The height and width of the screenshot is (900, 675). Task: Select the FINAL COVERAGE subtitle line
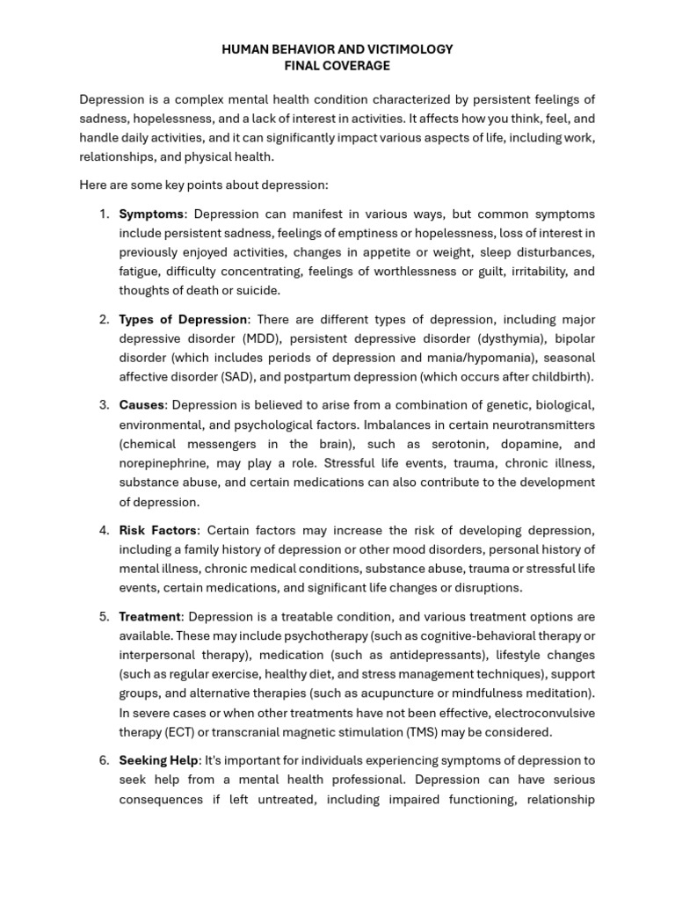pyautogui.click(x=337, y=66)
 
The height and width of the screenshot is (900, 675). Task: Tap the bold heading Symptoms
pyautogui.click(x=151, y=214)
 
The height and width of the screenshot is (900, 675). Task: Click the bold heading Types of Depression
pyautogui.click(x=184, y=319)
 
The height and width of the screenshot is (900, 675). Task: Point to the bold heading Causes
pyautogui.click(x=142, y=405)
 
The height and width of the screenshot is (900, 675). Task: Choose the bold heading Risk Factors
pyautogui.click(x=159, y=530)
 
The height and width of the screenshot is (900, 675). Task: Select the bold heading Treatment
pyautogui.click(x=149, y=616)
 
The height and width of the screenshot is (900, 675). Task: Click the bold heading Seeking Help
pyautogui.click(x=159, y=760)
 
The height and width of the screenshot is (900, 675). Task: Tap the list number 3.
pyautogui.click(x=104, y=405)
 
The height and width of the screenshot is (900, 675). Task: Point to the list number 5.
pyautogui.click(x=104, y=616)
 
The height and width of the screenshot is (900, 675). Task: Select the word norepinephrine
pyautogui.click(x=164, y=463)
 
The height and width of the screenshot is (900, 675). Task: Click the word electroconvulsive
pyautogui.click(x=542, y=713)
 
